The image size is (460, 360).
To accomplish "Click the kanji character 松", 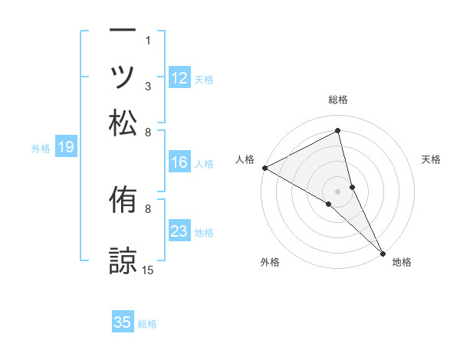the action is [x=123, y=123].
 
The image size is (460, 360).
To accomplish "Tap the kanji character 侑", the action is [x=123, y=201].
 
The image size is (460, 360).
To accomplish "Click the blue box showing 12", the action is [x=179, y=77].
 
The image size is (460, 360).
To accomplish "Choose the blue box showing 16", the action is [x=179, y=162].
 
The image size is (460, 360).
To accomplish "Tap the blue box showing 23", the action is [x=179, y=231].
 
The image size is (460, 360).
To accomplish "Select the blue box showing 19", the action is [x=66, y=147].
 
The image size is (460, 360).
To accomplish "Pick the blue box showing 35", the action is [x=123, y=322].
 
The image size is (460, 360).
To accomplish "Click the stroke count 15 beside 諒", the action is [x=148, y=270].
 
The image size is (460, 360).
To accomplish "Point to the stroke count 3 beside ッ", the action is [x=148, y=87].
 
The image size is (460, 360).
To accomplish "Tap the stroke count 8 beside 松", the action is [x=148, y=132].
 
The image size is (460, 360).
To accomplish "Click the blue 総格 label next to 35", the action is [x=147, y=324].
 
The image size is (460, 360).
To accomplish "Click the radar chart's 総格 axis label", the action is [x=337, y=100].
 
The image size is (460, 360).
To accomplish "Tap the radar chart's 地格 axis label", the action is [x=402, y=263].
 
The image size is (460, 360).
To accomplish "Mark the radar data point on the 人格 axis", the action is [x=264, y=168].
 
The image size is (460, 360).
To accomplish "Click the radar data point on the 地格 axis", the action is [x=383, y=252].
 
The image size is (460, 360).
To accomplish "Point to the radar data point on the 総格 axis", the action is [x=337, y=132].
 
